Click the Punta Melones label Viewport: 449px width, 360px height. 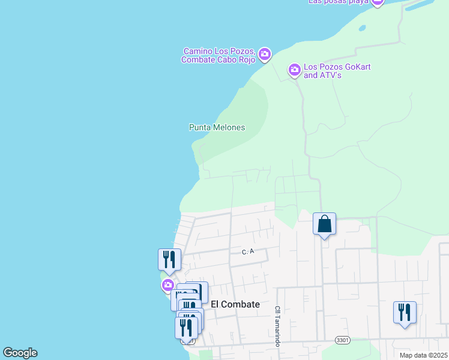point(217,127)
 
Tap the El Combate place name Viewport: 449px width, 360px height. point(235,304)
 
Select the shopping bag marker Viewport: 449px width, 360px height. point(324,224)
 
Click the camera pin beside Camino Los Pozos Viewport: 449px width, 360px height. point(265,55)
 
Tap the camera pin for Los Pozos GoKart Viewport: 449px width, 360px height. point(294,70)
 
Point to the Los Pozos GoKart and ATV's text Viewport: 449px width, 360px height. point(337,71)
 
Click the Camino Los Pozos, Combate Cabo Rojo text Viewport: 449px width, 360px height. point(219,55)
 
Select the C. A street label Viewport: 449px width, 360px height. point(248,252)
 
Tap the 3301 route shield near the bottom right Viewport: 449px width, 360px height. point(342,340)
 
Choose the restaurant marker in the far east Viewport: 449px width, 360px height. point(405,313)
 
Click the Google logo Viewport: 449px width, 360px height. point(20,353)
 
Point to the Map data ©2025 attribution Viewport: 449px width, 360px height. point(423,355)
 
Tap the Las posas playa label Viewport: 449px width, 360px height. point(337,2)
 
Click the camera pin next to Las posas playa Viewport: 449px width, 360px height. point(377,2)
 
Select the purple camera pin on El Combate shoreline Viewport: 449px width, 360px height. point(167,284)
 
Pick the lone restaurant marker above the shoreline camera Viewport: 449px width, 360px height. point(169,260)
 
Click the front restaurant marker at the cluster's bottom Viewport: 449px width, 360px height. point(186,328)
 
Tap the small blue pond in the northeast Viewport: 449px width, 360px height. point(362,28)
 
